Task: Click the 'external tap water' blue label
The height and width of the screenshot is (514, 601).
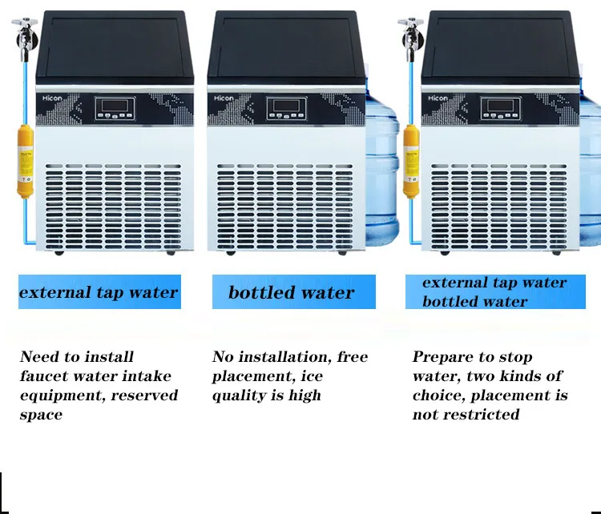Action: tap(99, 292)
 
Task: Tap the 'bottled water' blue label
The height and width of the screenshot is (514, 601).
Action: tap(293, 292)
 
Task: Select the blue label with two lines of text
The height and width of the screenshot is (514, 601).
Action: tap(494, 292)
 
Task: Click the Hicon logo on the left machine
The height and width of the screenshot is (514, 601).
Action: tap(54, 98)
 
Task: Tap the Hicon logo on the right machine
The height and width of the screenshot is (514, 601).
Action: tap(438, 98)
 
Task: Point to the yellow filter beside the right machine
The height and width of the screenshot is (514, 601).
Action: tap(412, 160)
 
